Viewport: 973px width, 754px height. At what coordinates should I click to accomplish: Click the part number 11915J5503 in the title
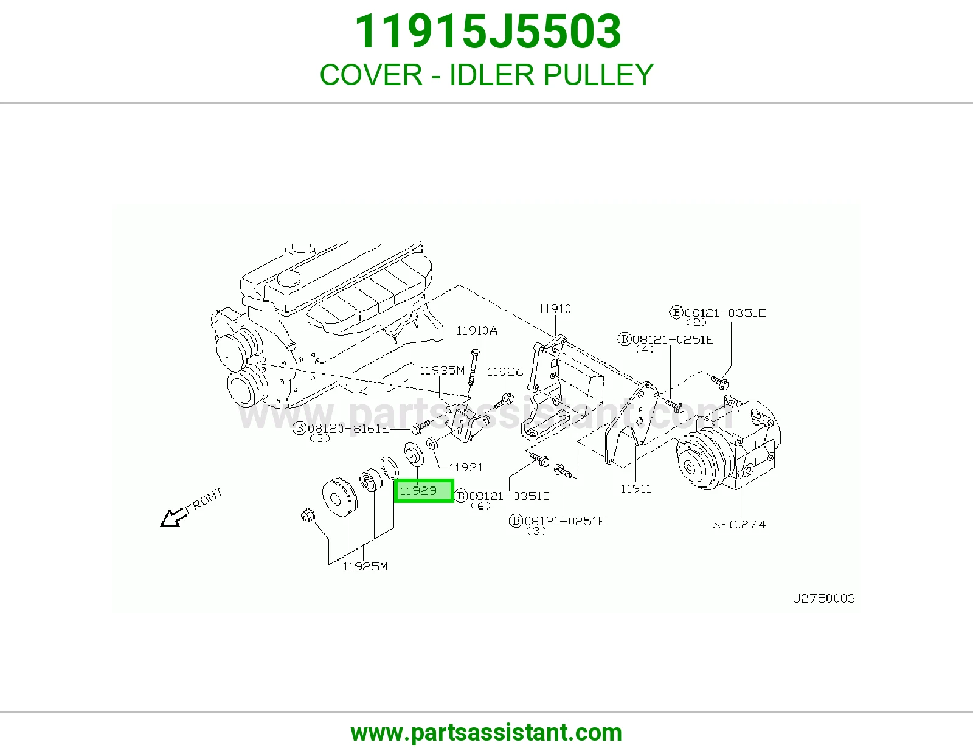point(487,32)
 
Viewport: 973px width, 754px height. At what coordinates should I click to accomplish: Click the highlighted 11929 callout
point(424,491)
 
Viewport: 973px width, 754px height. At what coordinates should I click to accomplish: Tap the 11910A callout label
point(476,331)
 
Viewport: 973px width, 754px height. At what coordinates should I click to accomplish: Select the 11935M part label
point(442,370)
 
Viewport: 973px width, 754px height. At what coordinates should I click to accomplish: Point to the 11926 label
point(505,372)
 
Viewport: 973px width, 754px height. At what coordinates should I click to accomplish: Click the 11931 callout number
point(466,468)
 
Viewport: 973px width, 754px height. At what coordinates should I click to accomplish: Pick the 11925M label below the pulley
point(365,566)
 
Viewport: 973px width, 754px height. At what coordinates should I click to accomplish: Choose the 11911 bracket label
point(636,488)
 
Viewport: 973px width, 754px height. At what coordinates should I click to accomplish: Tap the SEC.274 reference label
point(739,524)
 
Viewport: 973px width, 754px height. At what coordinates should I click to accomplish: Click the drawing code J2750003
point(824,598)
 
